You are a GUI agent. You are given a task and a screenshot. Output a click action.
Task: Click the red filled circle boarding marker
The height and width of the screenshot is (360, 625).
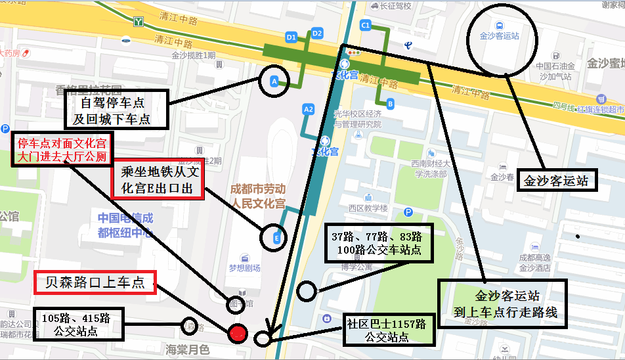(x=238, y=333)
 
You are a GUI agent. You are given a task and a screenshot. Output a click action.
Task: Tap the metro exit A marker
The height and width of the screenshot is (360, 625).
(x=274, y=81)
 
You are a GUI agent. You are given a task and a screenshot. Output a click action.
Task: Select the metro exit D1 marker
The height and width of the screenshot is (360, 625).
(x=291, y=37)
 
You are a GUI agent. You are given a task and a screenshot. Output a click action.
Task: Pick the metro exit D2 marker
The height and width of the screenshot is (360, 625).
(x=317, y=33)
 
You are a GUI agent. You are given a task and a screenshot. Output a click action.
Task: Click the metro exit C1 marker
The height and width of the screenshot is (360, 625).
(x=366, y=26)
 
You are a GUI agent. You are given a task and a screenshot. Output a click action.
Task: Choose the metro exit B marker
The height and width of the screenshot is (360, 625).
(x=390, y=103)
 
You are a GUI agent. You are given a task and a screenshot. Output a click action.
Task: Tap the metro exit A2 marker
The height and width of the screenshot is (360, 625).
(x=308, y=109)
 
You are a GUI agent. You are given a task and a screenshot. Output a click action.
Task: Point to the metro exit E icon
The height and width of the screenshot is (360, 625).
(x=276, y=237)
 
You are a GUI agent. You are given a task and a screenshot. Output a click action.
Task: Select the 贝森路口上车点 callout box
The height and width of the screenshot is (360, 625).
(x=95, y=283)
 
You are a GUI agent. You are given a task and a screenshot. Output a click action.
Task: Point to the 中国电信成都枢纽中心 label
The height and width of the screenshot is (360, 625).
(x=125, y=225)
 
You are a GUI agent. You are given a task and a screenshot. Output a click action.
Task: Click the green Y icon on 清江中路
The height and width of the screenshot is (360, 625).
(x=139, y=22)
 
